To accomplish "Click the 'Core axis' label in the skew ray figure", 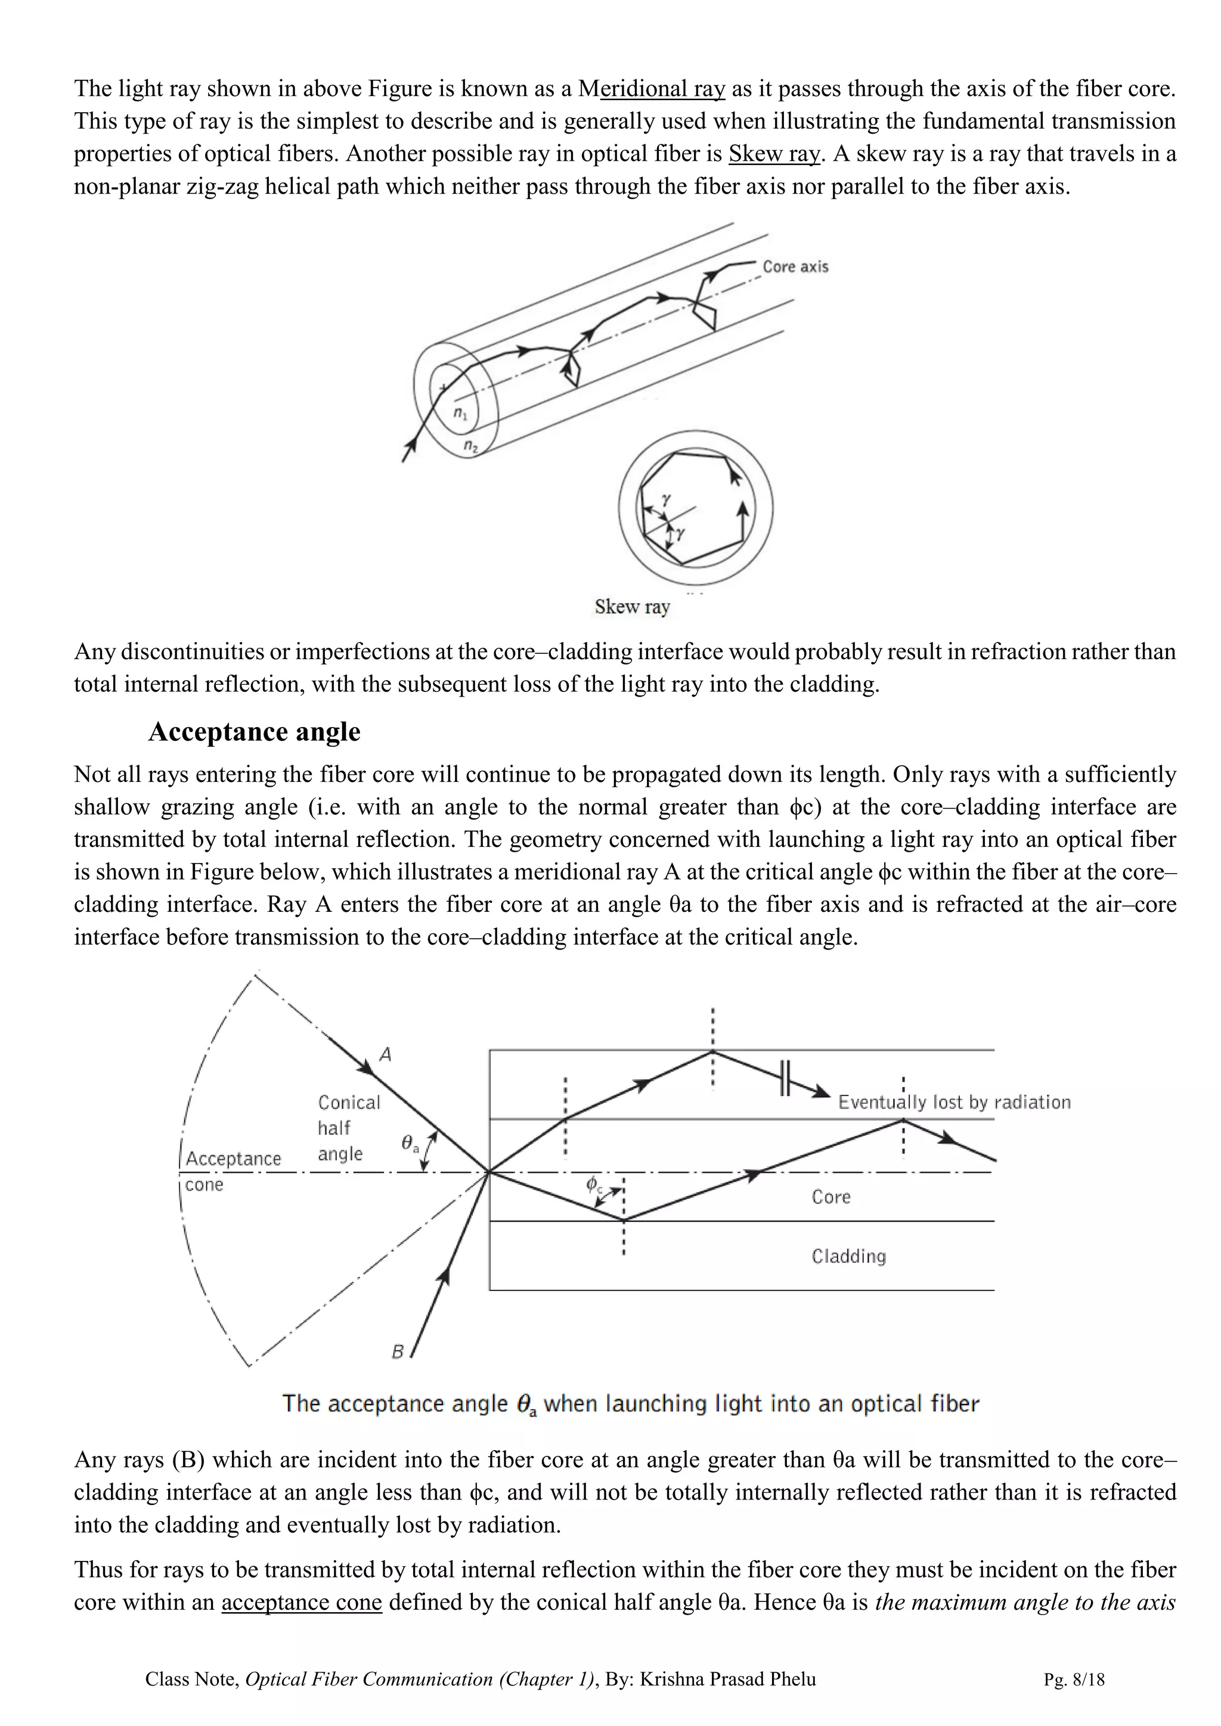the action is tap(795, 267).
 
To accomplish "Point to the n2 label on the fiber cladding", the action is tap(470, 446).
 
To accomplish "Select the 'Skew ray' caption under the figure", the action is tap(631, 607).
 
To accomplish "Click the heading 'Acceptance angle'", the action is tap(254, 731).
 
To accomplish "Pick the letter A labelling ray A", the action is tap(386, 1055).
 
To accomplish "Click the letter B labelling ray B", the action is tap(398, 1352).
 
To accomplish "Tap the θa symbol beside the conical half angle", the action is tap(411, 1145).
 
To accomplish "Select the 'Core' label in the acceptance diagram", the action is tap(830, 1197).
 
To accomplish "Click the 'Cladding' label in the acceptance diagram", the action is tap(849, 1256).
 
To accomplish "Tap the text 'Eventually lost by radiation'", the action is tap(954, 1102).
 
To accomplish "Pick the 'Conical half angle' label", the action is tap(349, 1128).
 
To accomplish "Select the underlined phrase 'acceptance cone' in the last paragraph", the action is tap(302, 1602).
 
